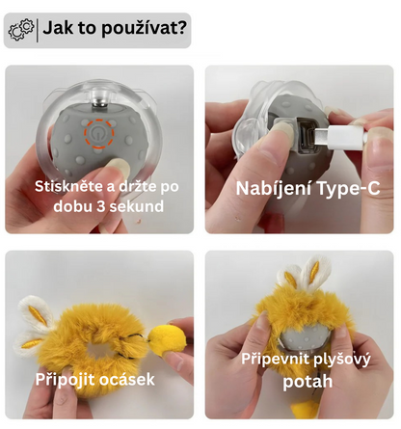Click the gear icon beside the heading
(x=21, y=30)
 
